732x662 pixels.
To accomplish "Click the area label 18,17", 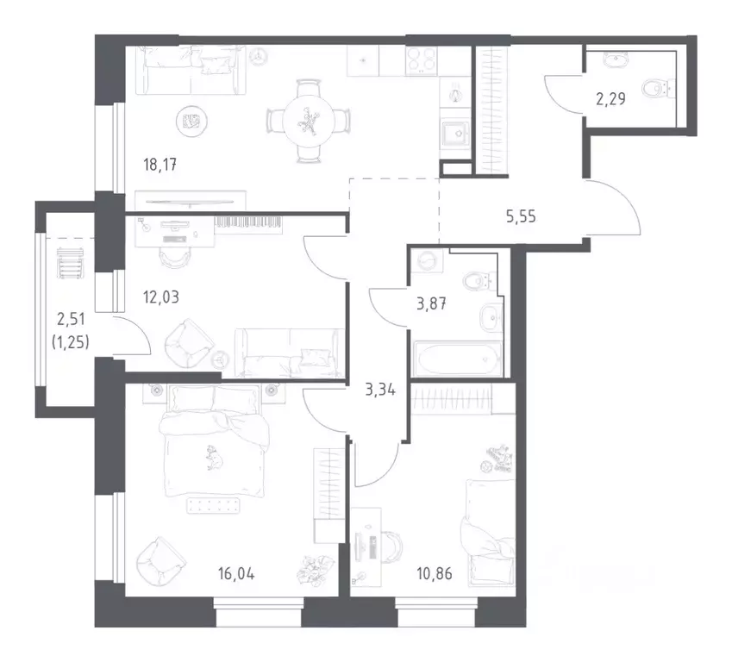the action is pos(160,165).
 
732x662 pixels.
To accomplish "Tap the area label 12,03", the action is pos(161,297).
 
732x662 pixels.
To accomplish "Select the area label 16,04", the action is pos(236,573).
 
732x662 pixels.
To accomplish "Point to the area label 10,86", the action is pos(435,573).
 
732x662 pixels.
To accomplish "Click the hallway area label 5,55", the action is pos(521,216).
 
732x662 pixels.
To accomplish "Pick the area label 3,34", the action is pos(380,390).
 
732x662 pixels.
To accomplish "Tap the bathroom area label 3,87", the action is pos(431,304).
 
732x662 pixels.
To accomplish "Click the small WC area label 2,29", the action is pos(610,99).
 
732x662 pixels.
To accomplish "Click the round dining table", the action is pos(309,122).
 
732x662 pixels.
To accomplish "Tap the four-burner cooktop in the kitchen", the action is pos(422,60).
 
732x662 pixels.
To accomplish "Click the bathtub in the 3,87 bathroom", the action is pos(458,359).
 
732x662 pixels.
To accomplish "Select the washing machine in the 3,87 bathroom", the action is pos(427,262).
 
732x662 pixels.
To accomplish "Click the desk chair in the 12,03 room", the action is pos(175,257).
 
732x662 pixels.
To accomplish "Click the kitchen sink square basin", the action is pos(455,134).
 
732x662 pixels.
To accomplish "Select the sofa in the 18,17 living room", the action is pos(191,70).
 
